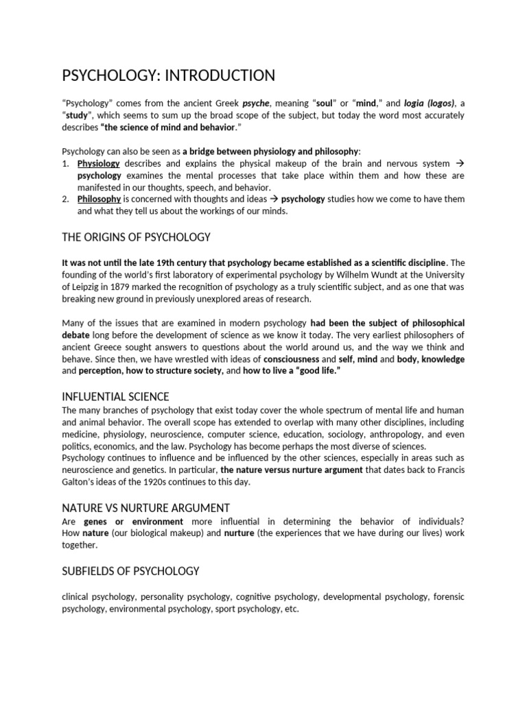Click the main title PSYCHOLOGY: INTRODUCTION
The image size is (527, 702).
click(x=169, y=75)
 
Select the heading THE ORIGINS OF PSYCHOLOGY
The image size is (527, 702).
click(x=136, y=237)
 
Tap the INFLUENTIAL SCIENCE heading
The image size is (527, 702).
click(x=115, y=397)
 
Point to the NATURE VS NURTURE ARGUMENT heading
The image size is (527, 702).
click(x=145, y=508)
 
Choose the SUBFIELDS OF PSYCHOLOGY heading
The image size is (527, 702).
click(x=130, y=570)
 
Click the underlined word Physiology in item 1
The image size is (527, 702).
click(x=99, y=164)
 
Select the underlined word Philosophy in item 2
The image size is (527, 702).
click(x=99, y=199)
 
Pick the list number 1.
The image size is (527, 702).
click(x=66, y=164)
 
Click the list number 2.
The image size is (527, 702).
click(x=66, y=199)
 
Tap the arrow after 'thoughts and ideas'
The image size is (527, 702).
click(x=272, y=199)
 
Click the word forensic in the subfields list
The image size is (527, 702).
click(x=449, y=596)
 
